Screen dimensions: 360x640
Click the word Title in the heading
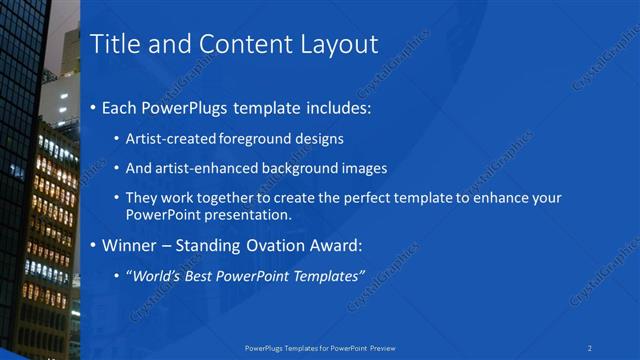point(114,45)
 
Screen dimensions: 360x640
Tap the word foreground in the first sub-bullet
point(260,139)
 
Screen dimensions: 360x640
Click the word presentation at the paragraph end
point(246,215)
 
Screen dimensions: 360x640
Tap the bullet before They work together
point(117,199)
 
